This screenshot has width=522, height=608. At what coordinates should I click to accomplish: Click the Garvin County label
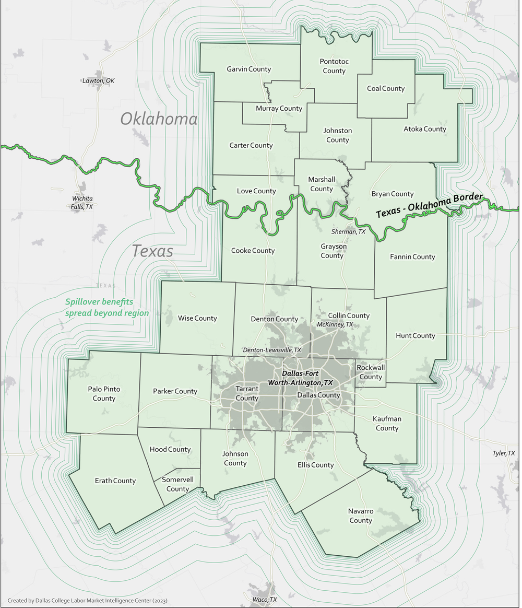point(248,69)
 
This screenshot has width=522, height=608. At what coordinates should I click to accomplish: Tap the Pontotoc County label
point(334,66)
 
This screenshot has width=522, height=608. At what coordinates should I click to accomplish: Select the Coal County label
point(386,88)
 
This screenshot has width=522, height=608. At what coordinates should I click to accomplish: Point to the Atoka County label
point(425,129)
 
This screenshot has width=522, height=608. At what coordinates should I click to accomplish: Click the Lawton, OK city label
point(98,80)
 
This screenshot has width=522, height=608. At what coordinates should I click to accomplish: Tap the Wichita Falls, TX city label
point(82,203)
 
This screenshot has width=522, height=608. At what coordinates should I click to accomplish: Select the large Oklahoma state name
point(159,119)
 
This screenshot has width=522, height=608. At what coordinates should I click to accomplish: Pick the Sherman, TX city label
point(348,231)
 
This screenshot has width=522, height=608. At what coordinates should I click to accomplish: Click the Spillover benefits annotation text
point(107,308)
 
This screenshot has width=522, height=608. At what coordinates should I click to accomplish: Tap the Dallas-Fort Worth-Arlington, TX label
point(300,378)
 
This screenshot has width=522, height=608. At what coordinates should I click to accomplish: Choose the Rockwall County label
point(371,372)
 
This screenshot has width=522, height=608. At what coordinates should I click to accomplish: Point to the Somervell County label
point(177,484)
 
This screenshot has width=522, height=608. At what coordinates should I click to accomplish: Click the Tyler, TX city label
point(504,453)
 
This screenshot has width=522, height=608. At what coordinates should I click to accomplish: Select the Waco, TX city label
point(264,600)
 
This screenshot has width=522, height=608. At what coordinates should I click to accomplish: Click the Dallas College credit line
point(87,601)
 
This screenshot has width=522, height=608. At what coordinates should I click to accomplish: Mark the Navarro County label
point(361,516)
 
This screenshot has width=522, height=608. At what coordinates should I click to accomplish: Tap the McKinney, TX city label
point(335,324)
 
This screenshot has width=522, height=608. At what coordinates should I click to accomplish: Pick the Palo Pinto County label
point(104,394)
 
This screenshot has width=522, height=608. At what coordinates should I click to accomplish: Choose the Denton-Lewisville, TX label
point(272,350)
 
